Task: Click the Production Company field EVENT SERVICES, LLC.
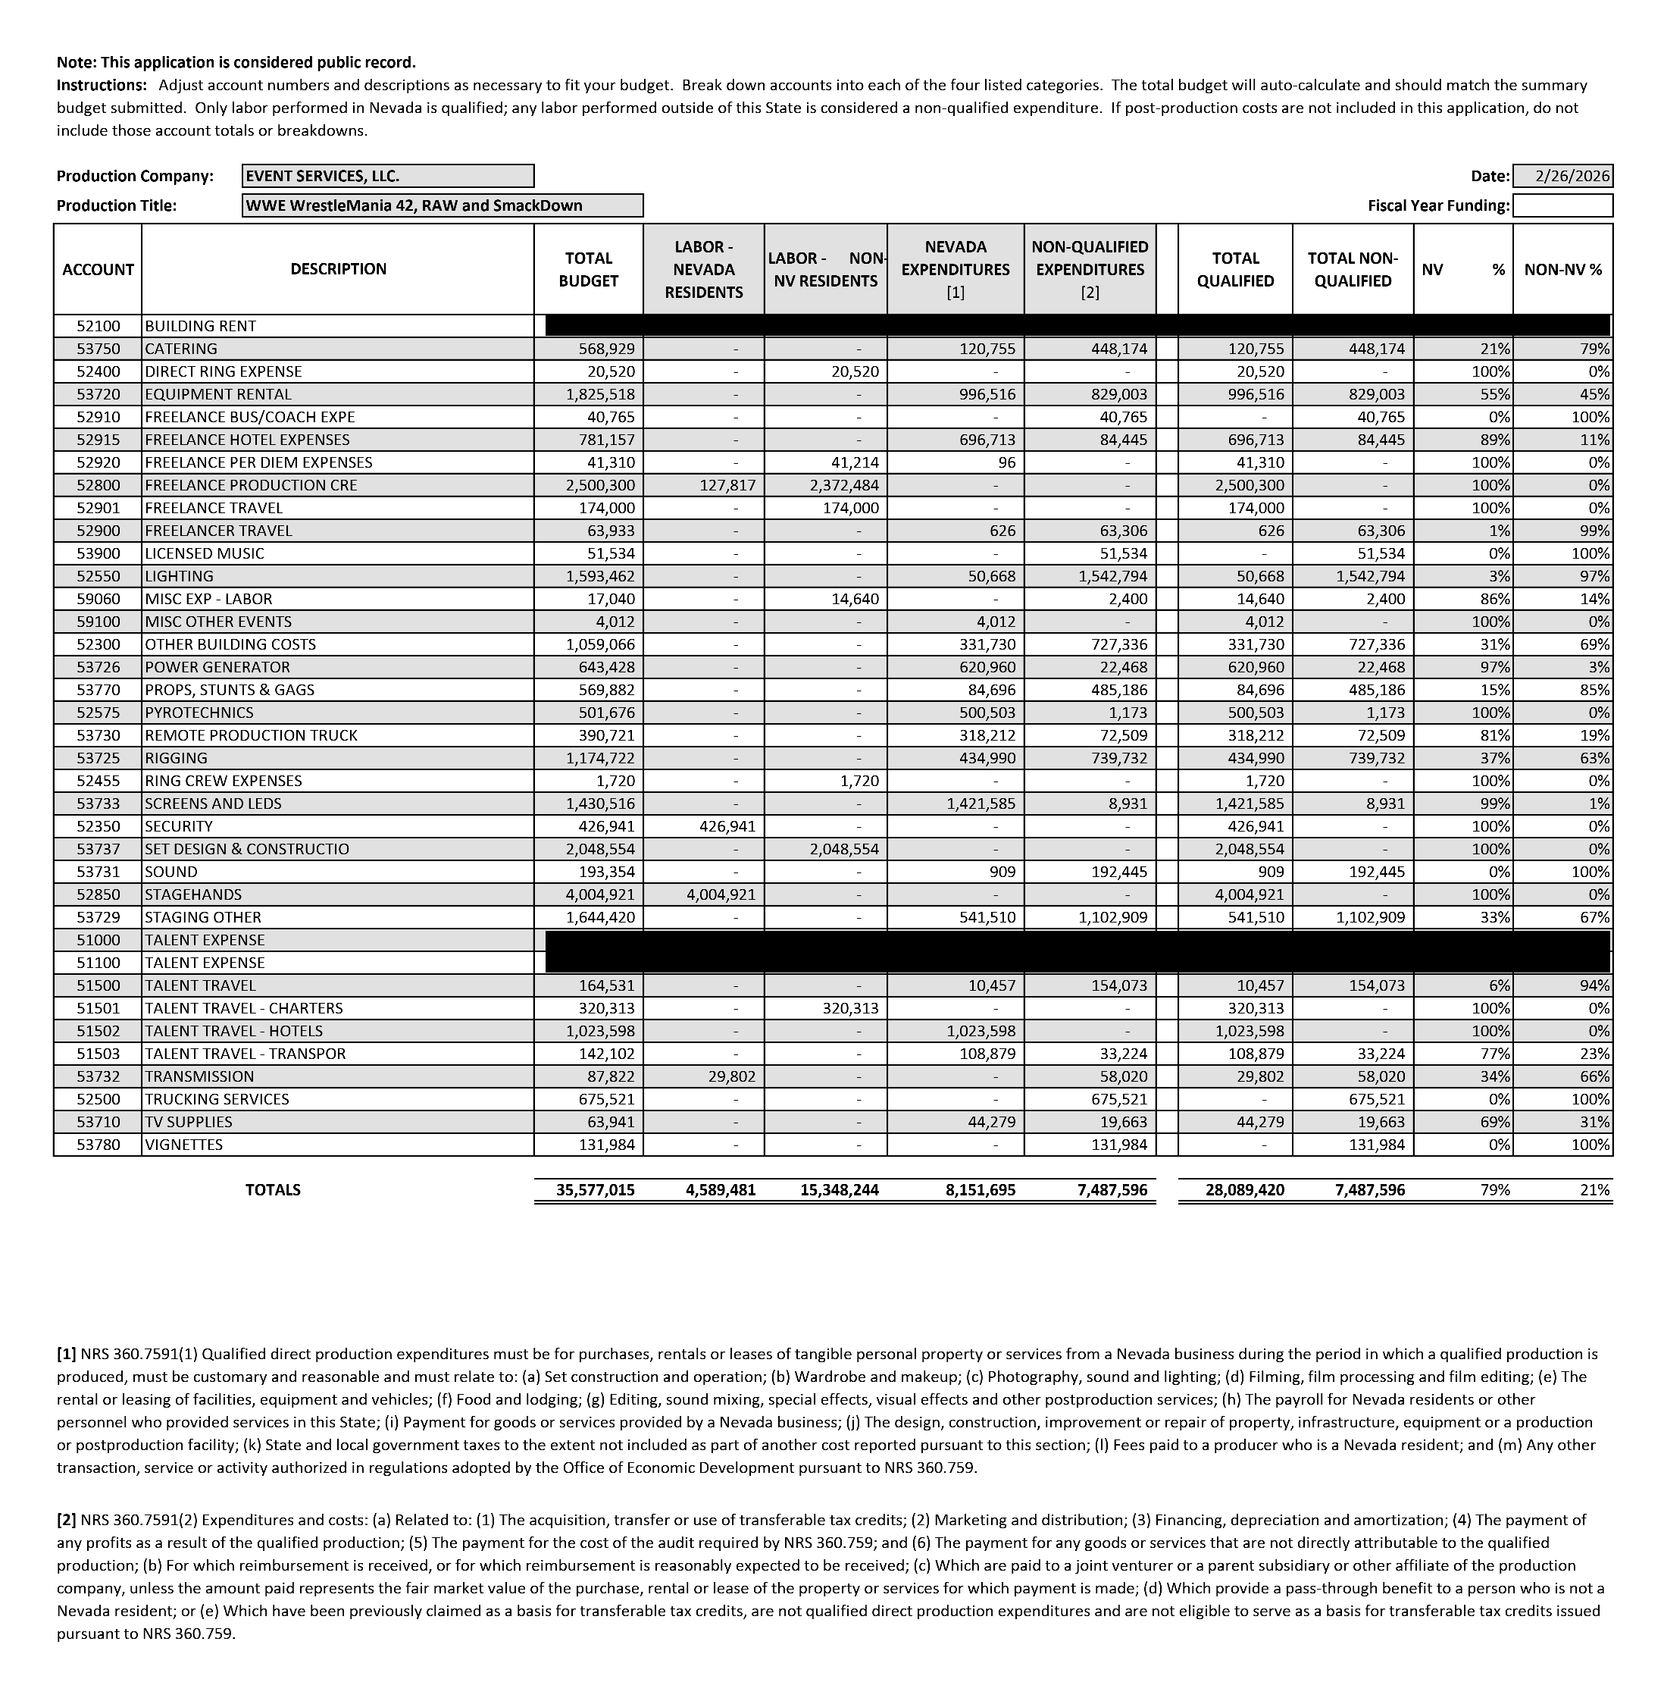[387, 176]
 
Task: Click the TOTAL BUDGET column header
[588, 269]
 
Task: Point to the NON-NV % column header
[1562, 269]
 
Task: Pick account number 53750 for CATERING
[97, 349]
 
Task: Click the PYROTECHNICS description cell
[199, 713]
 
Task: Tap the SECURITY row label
[179, 826]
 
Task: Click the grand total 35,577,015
[595, 1189]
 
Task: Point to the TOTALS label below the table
[273, 1189]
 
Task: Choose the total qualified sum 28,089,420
[1244, 1189]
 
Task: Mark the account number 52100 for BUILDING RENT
[97, 326]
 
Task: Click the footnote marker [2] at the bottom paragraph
[67, 1520]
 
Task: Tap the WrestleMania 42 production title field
[443, 205]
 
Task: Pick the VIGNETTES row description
[183, 1144]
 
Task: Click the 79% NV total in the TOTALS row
[1494, 1189]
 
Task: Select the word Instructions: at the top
[102, 86]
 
